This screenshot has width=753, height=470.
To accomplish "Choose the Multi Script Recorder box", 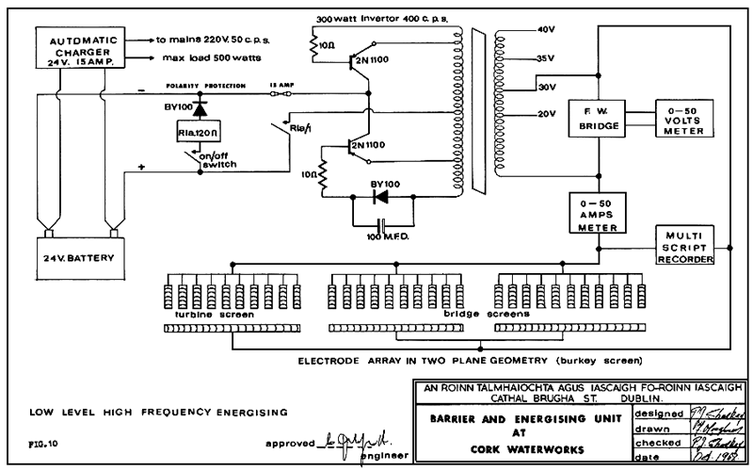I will (684, 246).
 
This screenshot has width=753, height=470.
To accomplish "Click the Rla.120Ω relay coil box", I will (199, 133).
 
